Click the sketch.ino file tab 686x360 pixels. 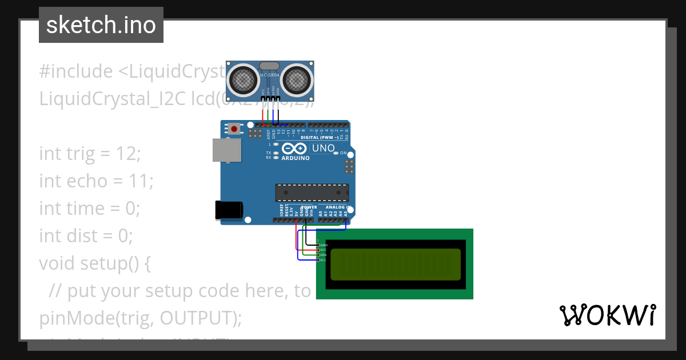click(x=101, y=25)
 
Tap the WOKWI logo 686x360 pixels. click(x=607, y=315)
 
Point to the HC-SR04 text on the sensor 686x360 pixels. click(x=270, y=75)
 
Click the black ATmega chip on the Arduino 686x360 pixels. click(x=312, y=192)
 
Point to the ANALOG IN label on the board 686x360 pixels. click(x=338, y=207)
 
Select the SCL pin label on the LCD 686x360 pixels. click(x=323, y=260)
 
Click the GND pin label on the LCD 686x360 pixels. click(x=324, y=245)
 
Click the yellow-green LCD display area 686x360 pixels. click(x=395, y=264)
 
